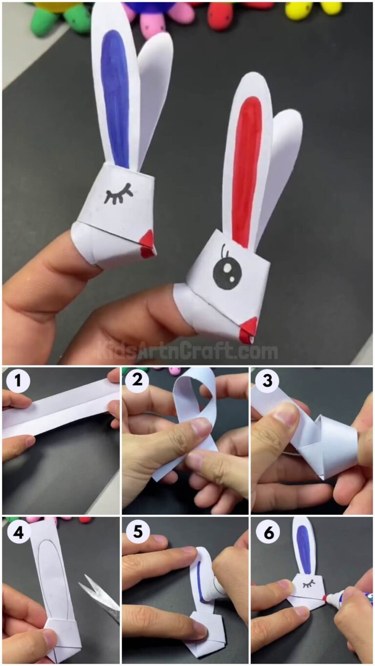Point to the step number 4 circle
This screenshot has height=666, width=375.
click(x=18, y=533)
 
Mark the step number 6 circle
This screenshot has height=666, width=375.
click(x=268, y=533)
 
